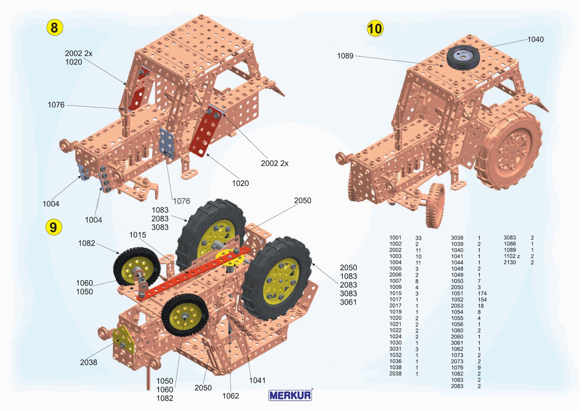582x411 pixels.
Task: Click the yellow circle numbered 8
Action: point(54,28)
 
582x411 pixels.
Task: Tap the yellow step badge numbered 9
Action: point(53,226)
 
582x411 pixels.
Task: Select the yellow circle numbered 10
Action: point(375,29)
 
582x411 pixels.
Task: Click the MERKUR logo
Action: point(291,395)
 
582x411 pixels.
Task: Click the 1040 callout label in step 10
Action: point(535,39)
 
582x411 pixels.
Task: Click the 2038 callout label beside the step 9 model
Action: point(89,362)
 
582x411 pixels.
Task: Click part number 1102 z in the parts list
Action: point(512,256)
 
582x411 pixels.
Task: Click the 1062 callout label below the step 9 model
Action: point(231,396)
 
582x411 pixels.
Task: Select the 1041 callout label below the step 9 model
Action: point(257,380)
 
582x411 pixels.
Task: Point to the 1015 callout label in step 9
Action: point(137,235)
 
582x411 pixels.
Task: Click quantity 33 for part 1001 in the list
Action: point(419,237)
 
